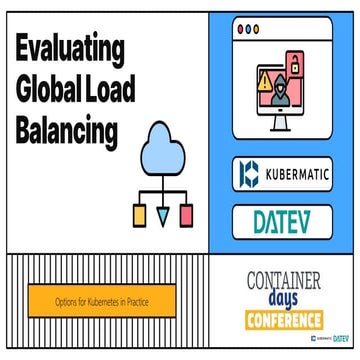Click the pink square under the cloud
point(184,213)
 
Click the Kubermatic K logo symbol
point(250,174)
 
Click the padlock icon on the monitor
point(296,66)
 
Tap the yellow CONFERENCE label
point(285,321)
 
